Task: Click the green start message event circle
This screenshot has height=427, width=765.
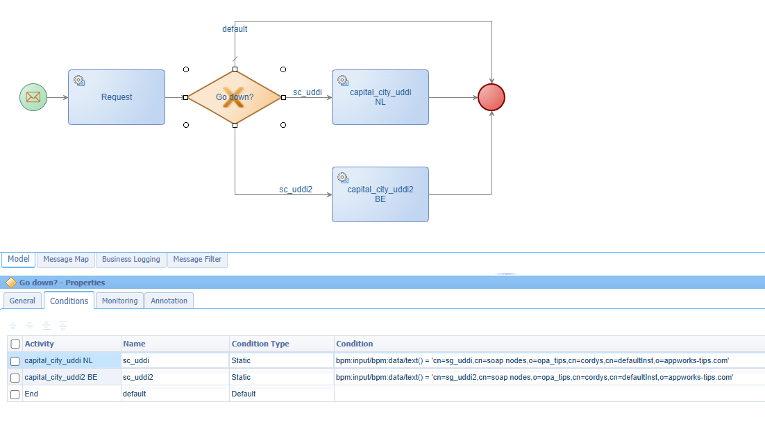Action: click(33, 97)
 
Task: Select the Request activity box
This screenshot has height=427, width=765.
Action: click(117, 97)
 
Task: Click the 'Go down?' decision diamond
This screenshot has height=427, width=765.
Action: click(235, 97)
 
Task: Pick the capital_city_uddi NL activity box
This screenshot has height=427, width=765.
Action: click(380, 97)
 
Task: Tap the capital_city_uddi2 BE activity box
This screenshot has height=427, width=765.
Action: click(380, 194)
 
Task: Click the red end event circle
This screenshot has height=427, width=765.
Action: click(491, 97)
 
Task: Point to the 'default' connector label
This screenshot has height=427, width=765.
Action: click(235, 29)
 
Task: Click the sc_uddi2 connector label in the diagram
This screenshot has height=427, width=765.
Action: click(296, 190)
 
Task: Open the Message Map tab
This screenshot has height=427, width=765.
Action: click(66, 259)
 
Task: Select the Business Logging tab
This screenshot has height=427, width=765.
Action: click(131, 259)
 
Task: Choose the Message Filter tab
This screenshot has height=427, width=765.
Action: click(197, 259)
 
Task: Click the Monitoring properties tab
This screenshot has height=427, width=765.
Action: click(119, 301)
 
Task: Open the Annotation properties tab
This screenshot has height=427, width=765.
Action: click(169, 301)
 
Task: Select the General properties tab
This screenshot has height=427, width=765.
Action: click(22, 301)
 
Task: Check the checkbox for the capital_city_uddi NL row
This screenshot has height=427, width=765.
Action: click(15, 361)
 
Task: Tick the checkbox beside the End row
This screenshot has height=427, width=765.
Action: click(15, 394)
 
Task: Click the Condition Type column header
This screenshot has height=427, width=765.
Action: click(260, 344)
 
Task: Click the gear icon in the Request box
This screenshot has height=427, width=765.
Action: click(79, 81)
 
